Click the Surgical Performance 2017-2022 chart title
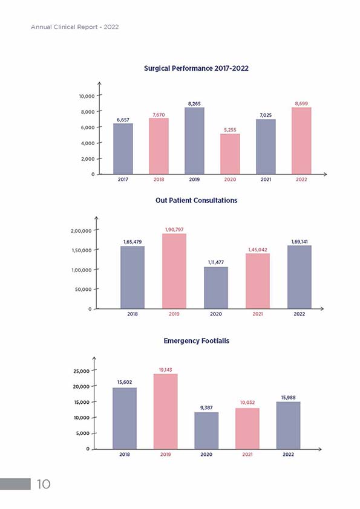196,68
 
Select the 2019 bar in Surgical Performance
194,141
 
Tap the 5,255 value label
230,130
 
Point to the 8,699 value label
301,103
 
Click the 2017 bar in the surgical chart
123,149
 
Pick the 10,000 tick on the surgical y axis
87,96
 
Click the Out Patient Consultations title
196,200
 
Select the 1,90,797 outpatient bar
174,271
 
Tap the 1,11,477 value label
216,262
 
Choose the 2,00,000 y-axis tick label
81,231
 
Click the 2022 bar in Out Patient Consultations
299,277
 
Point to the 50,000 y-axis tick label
83,289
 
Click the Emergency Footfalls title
196,341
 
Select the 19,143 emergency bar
166,412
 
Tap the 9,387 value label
206,407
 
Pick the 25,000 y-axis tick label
82,371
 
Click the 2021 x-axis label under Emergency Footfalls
247,455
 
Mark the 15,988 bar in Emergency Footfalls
288,426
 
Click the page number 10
44,484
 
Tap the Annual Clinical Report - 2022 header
75,27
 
